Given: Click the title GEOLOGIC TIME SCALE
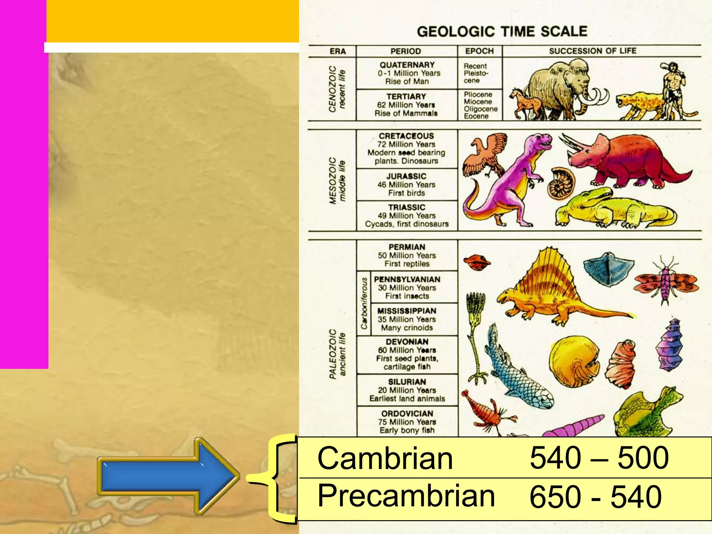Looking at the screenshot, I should (x=502, y=32).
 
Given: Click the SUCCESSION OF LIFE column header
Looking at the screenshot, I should (x=592, y=51).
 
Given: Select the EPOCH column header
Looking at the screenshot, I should (x=479, y=51).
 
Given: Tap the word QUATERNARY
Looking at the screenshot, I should (x=407, y=65).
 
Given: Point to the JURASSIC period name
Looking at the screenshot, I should (x=406, y=176).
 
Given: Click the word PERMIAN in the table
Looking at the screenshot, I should (x=407, y=247).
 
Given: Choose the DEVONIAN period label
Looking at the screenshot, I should (x=407, y=342).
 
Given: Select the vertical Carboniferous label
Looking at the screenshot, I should (x=364, y=303).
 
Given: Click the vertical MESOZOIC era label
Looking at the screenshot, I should (x=333, y=181).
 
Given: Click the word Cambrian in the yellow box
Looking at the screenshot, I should (x=385, y=458).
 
